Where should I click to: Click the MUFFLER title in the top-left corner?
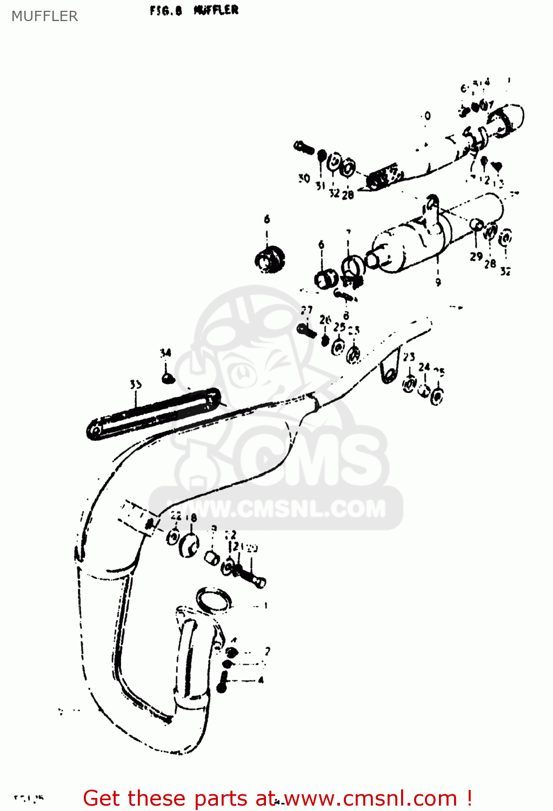point(44,16)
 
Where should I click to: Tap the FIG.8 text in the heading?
point(165,10)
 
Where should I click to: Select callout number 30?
point(304,178)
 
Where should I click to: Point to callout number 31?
point(321,185)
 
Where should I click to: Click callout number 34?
point(165,353)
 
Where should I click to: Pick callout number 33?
point(136,384)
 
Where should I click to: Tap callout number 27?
point(307,310)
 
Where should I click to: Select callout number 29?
point(476,256)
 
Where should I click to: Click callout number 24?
point(424,367)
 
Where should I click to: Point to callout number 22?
point(176,516)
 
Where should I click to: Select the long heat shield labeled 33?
point(154,414)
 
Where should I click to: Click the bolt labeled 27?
point(307,329)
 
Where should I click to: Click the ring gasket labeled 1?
point(214,601)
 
